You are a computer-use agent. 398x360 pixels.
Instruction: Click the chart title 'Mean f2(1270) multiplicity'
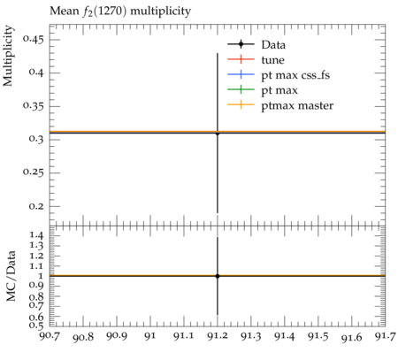pyautogui.click(x=120, y=11)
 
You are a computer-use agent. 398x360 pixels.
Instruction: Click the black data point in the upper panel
pyautogui.click(x=218, y=134)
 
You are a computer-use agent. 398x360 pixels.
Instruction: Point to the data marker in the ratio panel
pyautogui.click(x=218, y=276)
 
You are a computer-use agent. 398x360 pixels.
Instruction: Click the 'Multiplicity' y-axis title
pyautogui.click(x=8, y=56)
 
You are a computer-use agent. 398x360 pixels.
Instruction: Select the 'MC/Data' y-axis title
pyautogui.click(x=11, y=276)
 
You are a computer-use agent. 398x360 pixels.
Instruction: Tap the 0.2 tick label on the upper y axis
pyautogui.click(x=36, y=206)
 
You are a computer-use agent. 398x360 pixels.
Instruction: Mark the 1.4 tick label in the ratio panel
pyautogui.click(x=36, y=235)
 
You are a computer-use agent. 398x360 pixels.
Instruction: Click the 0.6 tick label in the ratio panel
pyautogui.click(x=36, y=317)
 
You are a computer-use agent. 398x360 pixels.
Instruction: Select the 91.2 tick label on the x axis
pyautogui.click(x=218, y=336)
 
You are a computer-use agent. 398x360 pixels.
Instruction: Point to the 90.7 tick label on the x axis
pyautogui.click(x=50, y=336)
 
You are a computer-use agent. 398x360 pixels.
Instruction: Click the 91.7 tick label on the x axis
pyautogui.click(x=385, y=336)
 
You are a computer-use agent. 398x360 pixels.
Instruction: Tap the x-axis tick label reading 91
pyautogui.click(x=150, y=336)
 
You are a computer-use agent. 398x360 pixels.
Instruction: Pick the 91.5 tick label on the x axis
pyautogui.click(x=318, y=336)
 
